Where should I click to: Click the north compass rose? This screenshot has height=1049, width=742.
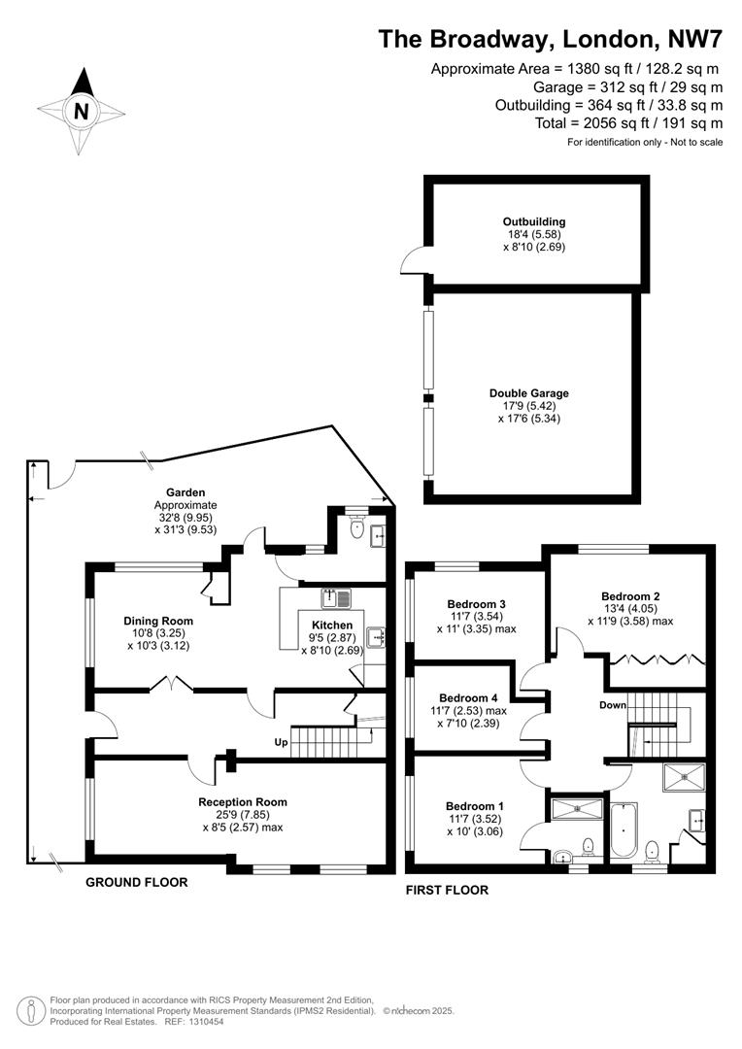[82, 111]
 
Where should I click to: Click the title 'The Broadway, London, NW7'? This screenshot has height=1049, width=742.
[551, 39]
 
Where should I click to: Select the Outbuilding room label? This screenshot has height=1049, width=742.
[534, 221]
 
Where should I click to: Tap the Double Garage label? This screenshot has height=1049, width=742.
[529, 393]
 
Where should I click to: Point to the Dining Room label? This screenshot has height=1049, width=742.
[157, 621]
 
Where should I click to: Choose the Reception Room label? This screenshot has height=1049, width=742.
[243, 802]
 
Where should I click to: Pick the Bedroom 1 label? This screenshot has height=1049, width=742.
[475, 806]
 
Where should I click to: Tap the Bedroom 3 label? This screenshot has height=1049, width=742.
[476, 603]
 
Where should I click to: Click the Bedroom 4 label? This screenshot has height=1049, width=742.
[469, 697]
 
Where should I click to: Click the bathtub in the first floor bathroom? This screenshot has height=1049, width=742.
[622, 831]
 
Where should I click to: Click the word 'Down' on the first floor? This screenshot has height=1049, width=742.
[612, 705]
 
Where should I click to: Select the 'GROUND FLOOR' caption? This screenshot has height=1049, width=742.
[136, 882]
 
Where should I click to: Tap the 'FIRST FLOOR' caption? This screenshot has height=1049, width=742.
[447, 890]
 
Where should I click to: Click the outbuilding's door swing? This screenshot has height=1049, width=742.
[412, 259]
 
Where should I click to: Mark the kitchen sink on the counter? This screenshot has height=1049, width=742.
[336, 595]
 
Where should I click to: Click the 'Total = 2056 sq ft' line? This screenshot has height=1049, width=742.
[628, 122]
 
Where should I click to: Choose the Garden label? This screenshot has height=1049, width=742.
[185, 492]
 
